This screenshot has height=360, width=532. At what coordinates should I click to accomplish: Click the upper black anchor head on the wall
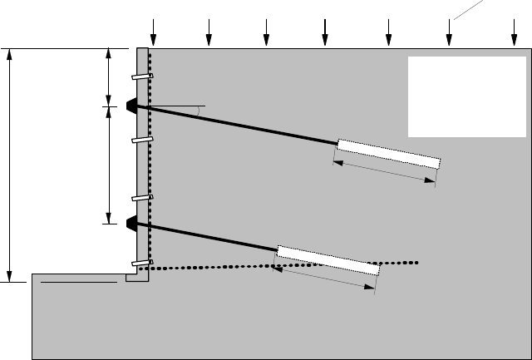[131, 106]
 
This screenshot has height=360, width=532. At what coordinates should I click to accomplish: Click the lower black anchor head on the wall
[131, 223]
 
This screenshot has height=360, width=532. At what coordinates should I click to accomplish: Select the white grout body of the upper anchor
[388, 154]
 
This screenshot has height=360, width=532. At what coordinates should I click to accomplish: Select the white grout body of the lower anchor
[328, 259]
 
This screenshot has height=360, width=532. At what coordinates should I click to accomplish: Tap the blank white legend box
[466, 96]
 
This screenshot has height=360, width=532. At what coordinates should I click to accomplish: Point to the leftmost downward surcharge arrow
[153, 31]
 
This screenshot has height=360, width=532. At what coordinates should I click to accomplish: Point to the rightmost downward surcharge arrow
[513, 31]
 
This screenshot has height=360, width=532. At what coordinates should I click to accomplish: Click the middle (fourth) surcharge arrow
[325, 31]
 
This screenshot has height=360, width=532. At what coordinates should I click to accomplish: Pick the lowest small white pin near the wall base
[141, 265]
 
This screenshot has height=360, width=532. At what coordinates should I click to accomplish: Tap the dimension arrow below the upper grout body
[384, 173]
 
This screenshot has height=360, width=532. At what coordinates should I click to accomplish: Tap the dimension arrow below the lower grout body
[324, 279]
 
